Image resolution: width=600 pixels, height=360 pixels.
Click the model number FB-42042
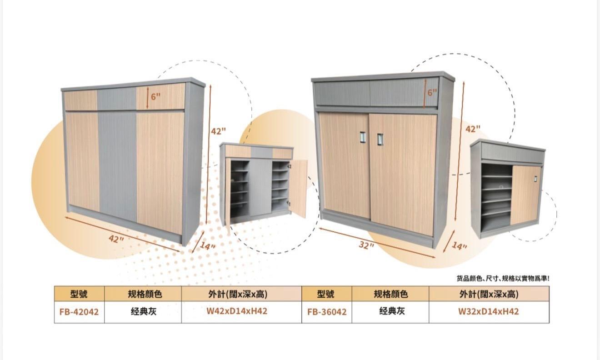click(79, 312)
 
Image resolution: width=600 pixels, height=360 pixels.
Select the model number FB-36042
click(327, 312)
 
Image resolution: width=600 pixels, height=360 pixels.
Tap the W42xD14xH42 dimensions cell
click(237, 311)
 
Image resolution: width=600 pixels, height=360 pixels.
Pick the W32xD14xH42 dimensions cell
click(489, 311)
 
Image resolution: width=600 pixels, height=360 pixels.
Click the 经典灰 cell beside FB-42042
click(144, 311)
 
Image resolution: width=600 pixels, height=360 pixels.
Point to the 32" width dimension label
click(366, 245)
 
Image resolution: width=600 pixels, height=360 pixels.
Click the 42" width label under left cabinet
click(116, 239)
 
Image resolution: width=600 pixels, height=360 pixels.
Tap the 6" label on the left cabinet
click(155, 96)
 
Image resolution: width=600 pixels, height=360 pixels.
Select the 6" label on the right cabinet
click(432, 93)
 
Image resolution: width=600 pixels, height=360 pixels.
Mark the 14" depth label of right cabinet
click(459, 246)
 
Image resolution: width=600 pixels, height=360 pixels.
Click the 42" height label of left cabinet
click(218, 131)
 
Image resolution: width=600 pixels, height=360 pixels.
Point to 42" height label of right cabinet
click(473, 129)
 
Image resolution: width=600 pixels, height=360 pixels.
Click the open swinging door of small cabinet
click(299, 188)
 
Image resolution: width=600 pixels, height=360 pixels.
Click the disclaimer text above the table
click(503, 279)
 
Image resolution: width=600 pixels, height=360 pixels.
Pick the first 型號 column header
click(79, 294)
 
